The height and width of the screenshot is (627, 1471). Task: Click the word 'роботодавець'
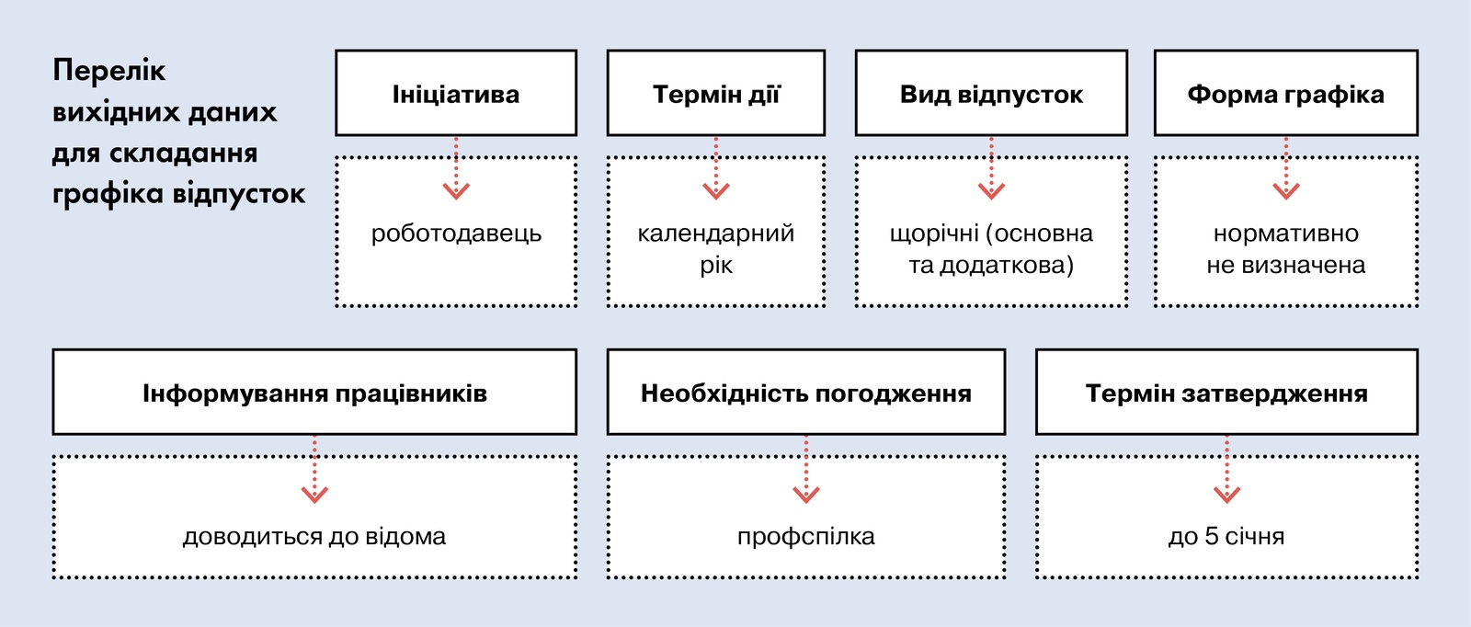point(456,234)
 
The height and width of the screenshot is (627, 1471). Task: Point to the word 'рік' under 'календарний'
point(716,266)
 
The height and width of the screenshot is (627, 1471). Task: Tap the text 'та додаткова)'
point(991,266)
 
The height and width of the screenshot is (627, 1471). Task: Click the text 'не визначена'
point(1286,266)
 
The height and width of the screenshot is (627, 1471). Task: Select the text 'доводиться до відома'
point(314,537)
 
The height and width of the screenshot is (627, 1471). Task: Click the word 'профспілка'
point(805,537)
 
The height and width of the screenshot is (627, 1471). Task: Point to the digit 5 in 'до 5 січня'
point(1212,536)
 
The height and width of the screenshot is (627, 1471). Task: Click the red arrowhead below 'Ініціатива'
point(456,191)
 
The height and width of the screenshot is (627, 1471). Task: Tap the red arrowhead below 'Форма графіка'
point(1286,191)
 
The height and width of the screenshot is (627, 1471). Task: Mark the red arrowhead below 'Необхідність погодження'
point(805,495)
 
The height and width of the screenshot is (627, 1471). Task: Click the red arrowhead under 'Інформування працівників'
point(314,495)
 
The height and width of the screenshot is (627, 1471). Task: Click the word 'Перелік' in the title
point(109,70)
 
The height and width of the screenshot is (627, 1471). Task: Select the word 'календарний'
point(716,234)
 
